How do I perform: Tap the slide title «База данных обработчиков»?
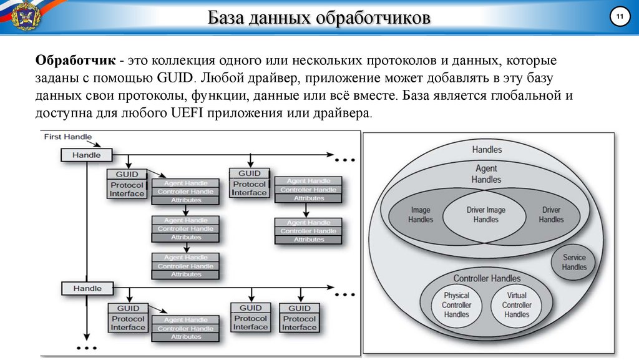tap(319, 19)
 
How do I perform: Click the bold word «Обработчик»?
tap(75, 61)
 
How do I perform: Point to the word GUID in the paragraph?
tap(175, 79)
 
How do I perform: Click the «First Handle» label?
tap(68, 137)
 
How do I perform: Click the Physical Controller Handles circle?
tap(456, 305)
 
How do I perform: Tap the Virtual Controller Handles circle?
tap(517, 305)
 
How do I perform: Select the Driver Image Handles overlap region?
tap(486, 215)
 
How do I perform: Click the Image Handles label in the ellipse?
tap(421, 215)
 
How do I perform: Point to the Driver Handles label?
tap(551, 215)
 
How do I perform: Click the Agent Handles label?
tap(486, 173)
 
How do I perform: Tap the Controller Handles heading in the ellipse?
tap(487, 278)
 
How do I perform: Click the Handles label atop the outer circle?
tap(487, 150)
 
